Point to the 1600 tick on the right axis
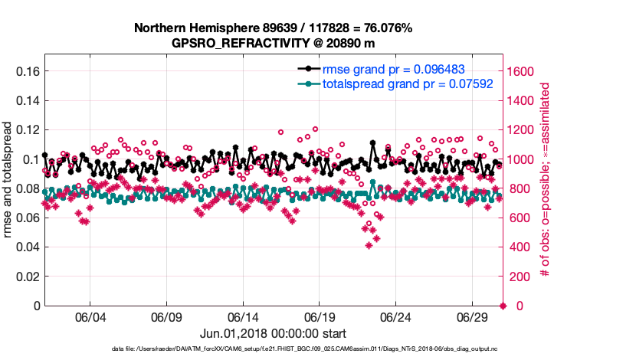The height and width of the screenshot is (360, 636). point(524,71)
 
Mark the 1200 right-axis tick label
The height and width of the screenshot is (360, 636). point(524,130)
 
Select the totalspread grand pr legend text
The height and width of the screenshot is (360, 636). point(407,83)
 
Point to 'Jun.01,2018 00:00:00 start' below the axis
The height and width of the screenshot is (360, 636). point(273,333)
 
